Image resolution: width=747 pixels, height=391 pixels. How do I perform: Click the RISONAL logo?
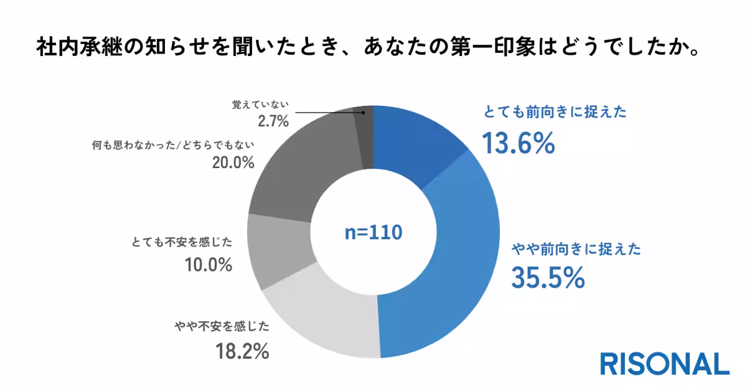pyautogui.click(x=664, y=364)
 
